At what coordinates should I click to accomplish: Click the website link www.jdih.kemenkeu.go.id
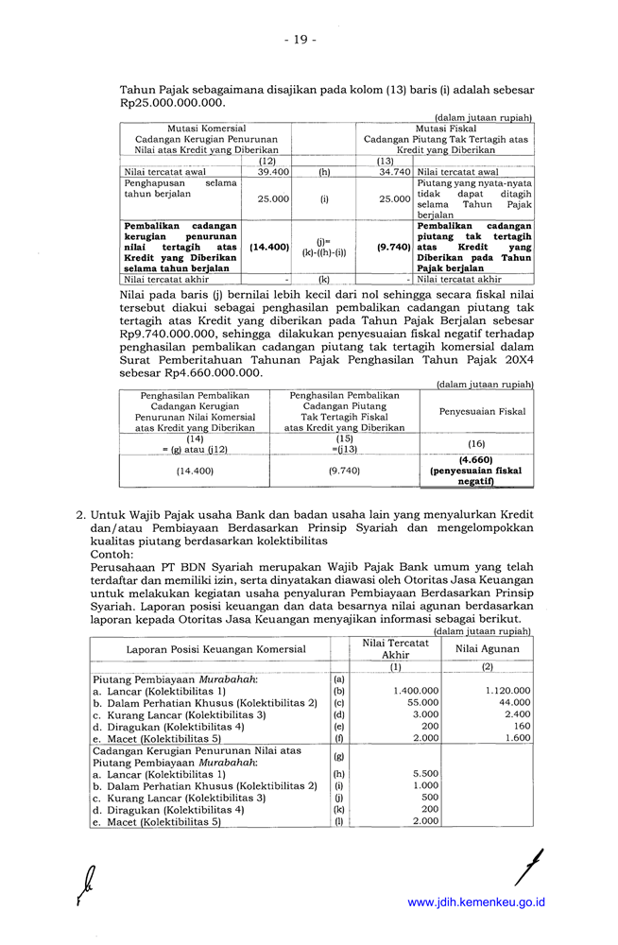[476, 902]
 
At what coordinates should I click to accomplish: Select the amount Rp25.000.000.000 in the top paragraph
[173, 103]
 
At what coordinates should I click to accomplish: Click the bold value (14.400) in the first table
[269, 247]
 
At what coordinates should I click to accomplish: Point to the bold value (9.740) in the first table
[392, 247]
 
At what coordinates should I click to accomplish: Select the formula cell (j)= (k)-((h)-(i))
[324, 247]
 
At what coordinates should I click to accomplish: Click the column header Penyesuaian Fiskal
[476, 412]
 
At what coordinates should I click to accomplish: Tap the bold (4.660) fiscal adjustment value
[476, 460]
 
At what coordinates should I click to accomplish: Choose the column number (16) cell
[476, 443]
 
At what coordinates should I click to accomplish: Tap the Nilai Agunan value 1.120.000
[507, 691]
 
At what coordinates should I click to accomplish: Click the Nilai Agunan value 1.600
[517, 738]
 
